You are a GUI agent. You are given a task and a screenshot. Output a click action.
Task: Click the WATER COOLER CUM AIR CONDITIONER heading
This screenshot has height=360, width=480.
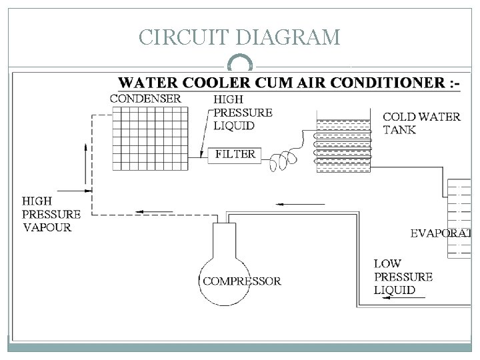pyautogui.click(x=288, y=83)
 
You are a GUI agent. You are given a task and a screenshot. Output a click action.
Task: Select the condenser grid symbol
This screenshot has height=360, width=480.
pyautogui.click(x=157, y=139)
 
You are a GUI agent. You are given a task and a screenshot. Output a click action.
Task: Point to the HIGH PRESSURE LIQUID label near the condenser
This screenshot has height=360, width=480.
pyautogui.click(x=242, y=112)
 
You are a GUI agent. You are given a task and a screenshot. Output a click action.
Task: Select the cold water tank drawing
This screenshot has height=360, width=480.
pyautogui.click(x=343, y=145)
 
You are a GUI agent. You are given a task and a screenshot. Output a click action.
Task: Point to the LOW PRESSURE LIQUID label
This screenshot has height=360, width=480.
pyautogui.click(x=403, y=277)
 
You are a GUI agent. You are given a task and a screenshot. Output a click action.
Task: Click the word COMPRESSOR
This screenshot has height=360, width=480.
pyautogui.click(x=241, y=281)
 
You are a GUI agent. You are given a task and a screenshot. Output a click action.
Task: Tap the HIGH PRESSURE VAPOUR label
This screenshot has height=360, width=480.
pyautogui.click(x=51, y=214)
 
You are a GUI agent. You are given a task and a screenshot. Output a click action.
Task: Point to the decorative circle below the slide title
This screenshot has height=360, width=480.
pyautogui.click(x=240, y=65)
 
